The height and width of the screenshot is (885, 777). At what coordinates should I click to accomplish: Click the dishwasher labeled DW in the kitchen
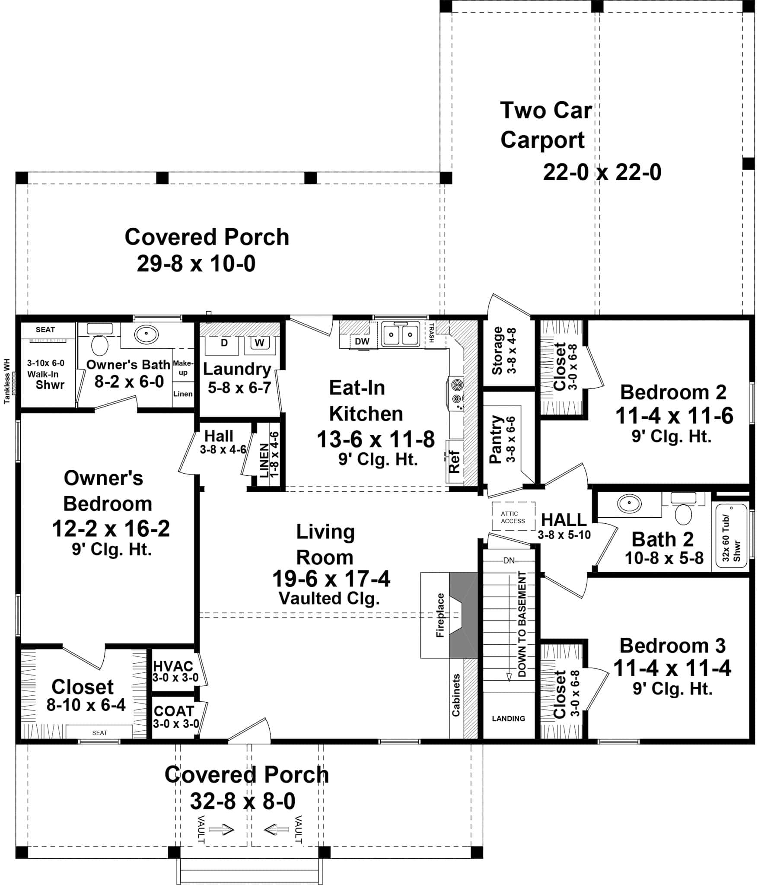(362, 341)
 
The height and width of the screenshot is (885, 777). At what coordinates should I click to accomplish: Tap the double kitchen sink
(401, 335)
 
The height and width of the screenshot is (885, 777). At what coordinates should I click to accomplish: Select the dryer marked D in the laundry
(224, 343)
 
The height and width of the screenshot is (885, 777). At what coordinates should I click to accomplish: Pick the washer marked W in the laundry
(259, 343)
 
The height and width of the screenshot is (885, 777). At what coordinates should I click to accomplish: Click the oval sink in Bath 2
(629, 504)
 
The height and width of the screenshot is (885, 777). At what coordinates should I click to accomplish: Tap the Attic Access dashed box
(513, 516)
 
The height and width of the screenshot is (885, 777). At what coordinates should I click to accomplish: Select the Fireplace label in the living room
(440, 615)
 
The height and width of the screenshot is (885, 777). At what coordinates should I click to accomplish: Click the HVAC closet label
(173, 666)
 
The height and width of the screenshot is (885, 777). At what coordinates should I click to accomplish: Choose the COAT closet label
(174, 711)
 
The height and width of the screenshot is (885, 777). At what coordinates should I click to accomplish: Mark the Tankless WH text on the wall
(7, 381)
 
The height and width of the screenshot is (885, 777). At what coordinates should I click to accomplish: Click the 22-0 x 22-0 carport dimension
(602, 172)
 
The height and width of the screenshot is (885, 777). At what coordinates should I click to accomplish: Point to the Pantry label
(496, 439)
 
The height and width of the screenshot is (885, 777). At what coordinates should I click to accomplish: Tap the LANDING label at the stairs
(508, 718)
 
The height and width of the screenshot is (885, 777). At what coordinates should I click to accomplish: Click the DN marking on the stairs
(509, 561)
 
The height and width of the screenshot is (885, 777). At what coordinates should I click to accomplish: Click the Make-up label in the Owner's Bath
(183, 368)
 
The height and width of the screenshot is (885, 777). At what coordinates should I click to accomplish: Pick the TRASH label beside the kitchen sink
(431, 333)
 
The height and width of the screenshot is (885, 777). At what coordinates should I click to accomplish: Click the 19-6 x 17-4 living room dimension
(331, 579)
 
